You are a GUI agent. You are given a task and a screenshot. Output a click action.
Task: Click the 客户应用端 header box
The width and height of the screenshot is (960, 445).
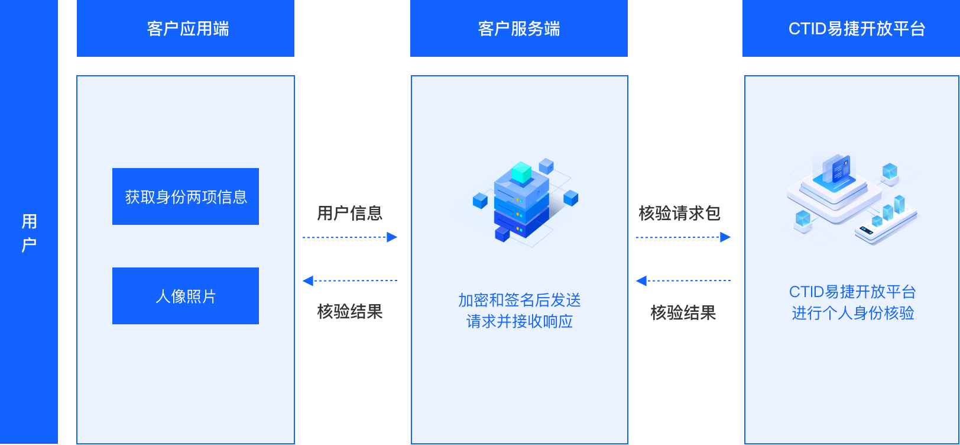[186, 28]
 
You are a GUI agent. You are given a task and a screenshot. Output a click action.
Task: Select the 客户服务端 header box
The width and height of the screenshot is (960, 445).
[519, 28]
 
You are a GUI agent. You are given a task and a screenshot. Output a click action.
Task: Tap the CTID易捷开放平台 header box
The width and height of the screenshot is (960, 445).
[851, 28]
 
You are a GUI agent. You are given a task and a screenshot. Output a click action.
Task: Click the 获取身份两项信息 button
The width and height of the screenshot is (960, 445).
[186, 196]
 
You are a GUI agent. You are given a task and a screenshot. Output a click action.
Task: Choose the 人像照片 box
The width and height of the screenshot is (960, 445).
[186, 296]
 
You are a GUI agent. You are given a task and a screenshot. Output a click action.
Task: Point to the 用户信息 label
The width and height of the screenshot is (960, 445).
[350, 213]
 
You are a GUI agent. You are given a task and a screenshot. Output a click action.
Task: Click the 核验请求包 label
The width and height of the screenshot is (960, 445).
[680, 213]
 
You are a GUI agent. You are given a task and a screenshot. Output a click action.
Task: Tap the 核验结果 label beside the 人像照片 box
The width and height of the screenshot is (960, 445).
[350, 311]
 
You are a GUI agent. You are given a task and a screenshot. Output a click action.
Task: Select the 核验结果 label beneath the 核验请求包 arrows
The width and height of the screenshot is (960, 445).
[683, 312]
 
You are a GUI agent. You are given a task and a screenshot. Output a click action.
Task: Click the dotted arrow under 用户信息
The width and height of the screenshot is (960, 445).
[350, 237]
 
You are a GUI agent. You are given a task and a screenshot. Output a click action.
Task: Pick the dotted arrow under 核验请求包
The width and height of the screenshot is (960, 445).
[683, 237]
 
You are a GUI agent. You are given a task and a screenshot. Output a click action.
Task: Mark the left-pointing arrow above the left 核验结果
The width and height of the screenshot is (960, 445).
[350, 280]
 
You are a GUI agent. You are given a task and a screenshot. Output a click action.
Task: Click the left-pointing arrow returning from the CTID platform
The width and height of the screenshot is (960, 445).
[683, 280]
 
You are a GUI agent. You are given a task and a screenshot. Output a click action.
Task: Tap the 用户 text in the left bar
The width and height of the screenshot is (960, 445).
[29, 233]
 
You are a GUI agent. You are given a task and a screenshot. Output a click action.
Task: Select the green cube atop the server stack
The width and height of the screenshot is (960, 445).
[521, 173]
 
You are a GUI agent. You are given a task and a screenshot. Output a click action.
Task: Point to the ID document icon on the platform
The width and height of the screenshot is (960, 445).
[839, 169]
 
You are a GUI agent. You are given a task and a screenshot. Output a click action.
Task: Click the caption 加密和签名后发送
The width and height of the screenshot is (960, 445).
[520, 300]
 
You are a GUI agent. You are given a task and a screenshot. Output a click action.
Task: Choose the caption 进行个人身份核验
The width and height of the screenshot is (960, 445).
[853, 313]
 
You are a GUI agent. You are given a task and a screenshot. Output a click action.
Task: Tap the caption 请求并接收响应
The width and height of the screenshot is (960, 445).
[520, 321]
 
